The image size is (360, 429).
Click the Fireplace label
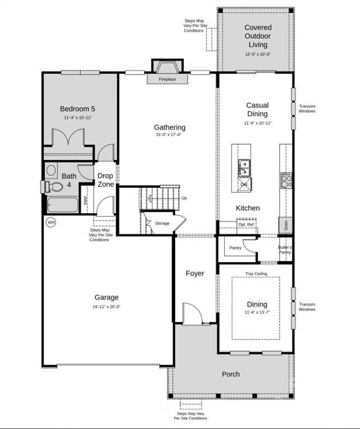tap(167, 79)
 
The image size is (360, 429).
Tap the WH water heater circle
tap(51, 222)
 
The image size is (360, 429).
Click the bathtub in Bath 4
tap(63, 205)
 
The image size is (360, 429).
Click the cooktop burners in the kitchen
tap(285, 180)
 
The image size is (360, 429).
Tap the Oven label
tap(286, 226)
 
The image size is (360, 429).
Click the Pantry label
tap(235, 247)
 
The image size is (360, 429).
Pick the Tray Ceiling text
tap(257, 274)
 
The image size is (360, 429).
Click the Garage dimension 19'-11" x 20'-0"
tap(107, 307)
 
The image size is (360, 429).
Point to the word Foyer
tap(195, 274)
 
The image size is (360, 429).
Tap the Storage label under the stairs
tap(162, 223)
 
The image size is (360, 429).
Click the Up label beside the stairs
tap(184, 198)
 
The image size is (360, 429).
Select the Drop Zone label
tap(105, 180)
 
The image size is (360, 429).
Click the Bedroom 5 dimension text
tap(78, 118)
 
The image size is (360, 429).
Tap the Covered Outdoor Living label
tap(257, 36)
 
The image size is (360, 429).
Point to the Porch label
tap(231, 374)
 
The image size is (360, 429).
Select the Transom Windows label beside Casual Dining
tap(307, 108)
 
